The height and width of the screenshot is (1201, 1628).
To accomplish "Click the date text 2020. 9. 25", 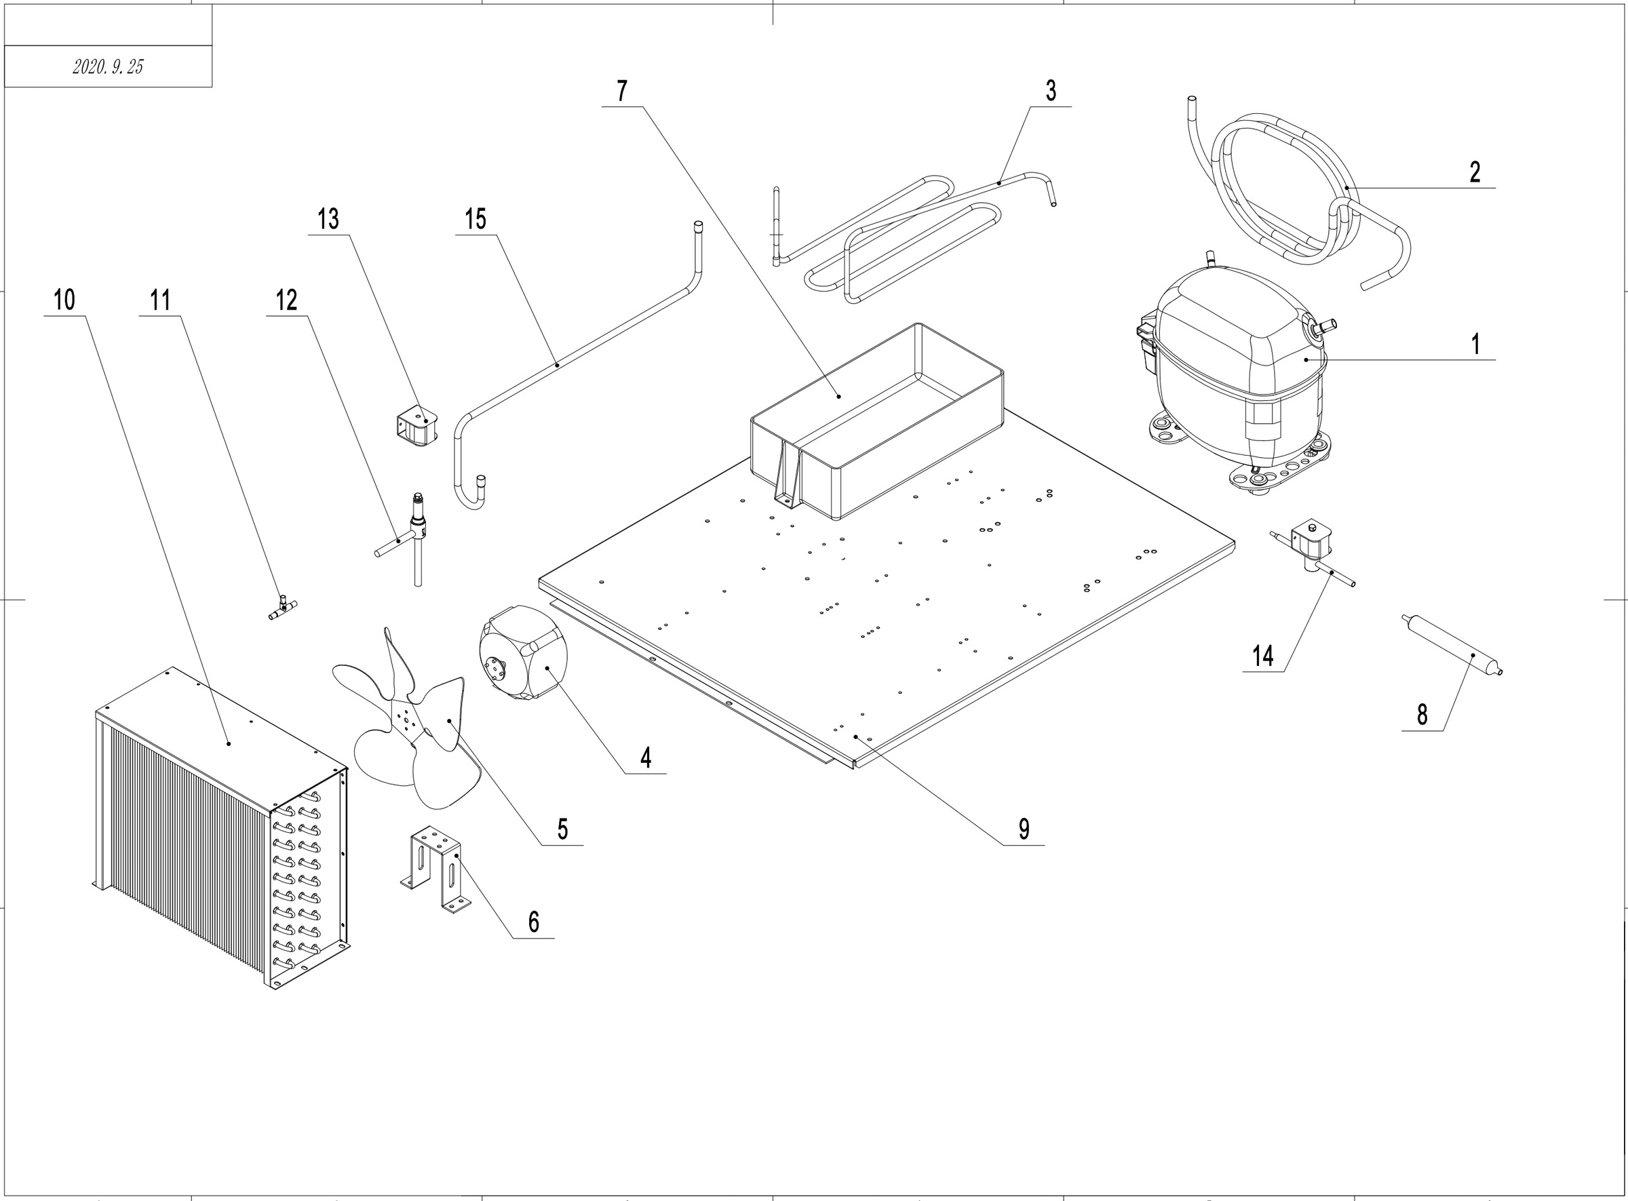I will pos(108,67).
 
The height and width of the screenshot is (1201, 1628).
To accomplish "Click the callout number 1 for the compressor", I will pos(1475,344).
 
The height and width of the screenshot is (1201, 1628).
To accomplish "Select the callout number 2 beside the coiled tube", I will pos(1474,172).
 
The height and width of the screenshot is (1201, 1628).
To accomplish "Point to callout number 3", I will pos(1050,91).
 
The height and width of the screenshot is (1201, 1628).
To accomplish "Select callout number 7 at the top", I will pos(621,91).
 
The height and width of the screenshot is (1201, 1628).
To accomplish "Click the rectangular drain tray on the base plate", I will pos(880,422).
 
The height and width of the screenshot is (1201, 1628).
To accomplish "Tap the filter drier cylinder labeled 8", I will pos(1450,646).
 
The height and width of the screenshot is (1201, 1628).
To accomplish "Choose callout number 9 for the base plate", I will pos(1023,828).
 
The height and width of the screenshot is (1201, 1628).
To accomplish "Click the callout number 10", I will pos(64,300).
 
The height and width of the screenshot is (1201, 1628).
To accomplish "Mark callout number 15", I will pos(475,218).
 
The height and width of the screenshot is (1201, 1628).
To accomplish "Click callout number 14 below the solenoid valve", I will pos(1262,656).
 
